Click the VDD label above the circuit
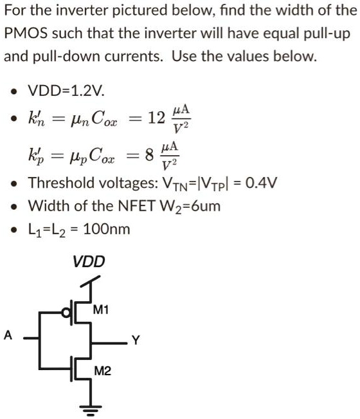coord(88,262)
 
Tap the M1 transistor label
coord(101,310)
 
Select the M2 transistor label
coord(102,371)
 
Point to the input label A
coord(8,335)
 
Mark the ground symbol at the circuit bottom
coord(88,409)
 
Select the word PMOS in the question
coord(24,33)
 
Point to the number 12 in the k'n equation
coord(156,118)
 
